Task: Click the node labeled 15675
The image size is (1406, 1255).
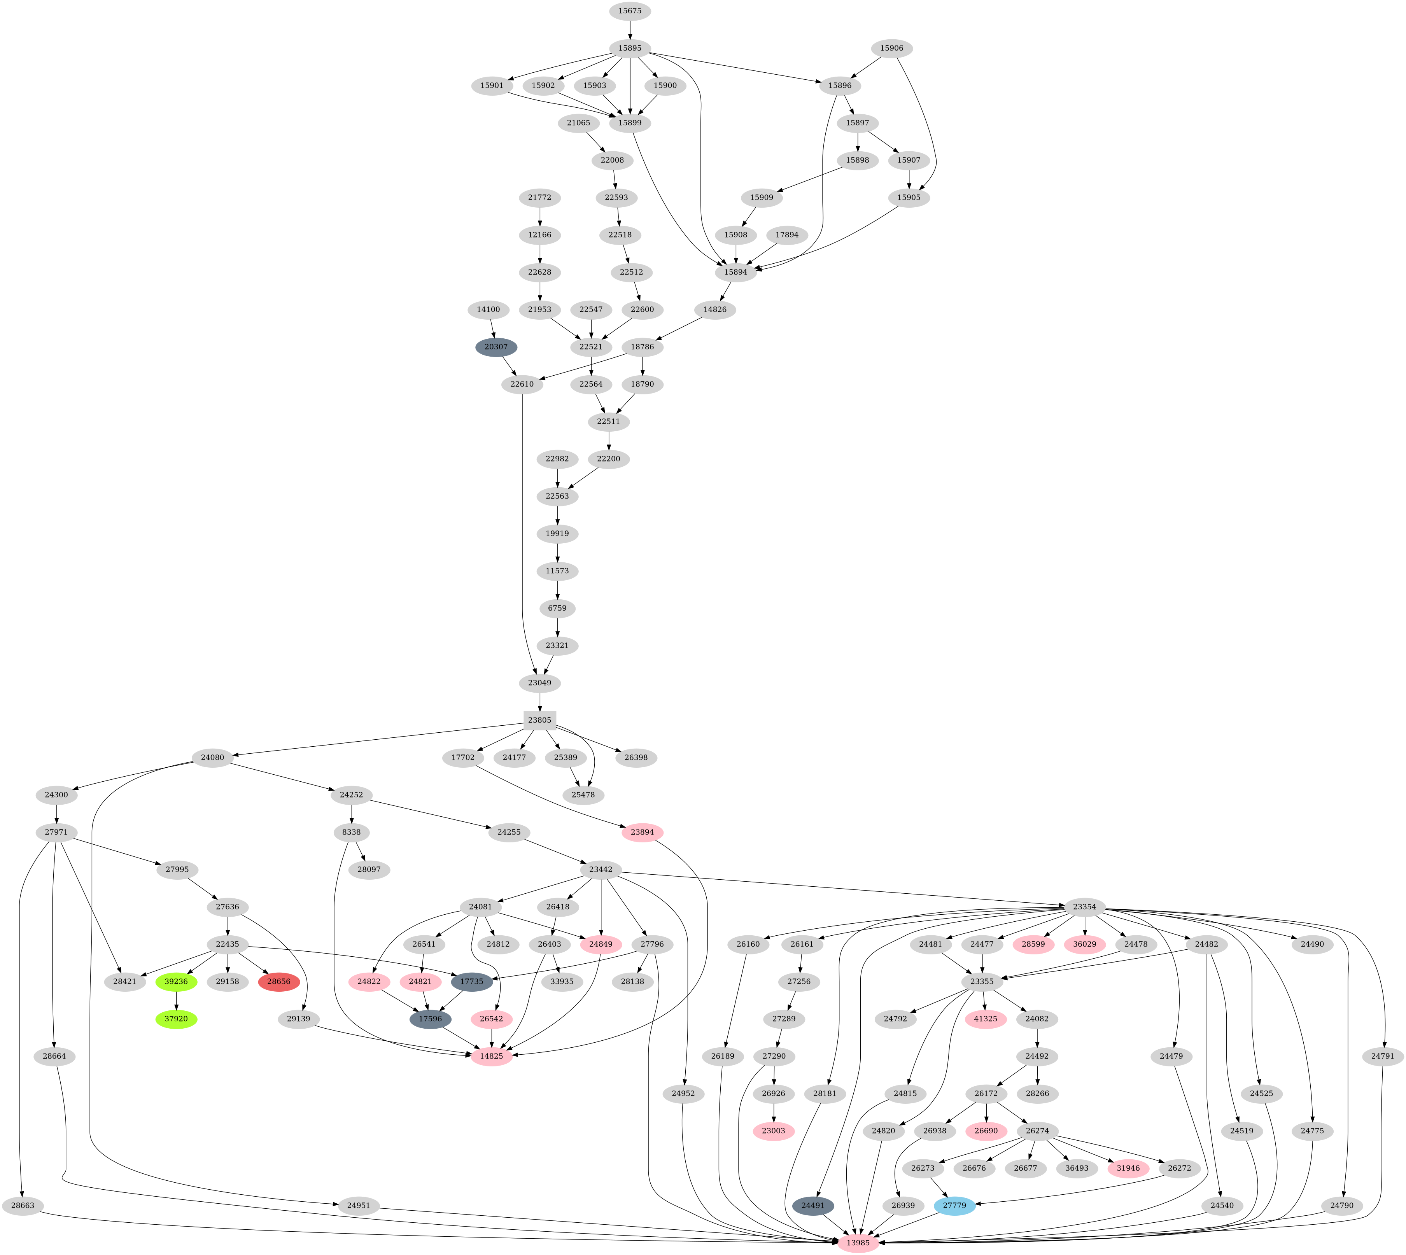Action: coord(630,11)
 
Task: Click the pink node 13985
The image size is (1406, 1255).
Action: coord(858,1243)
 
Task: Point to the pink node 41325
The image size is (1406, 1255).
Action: coord(986,1019)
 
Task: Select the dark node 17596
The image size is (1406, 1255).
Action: coord(430,1019)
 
